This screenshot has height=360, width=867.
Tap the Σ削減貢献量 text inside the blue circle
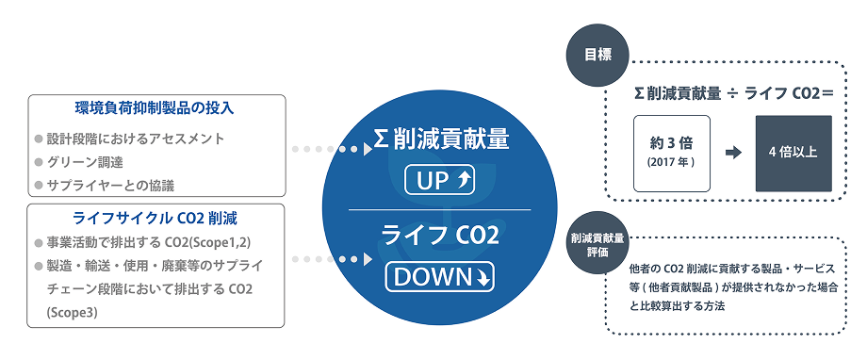[440, 141]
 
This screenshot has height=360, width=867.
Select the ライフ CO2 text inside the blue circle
[440, 236]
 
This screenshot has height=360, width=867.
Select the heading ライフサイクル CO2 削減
[155, 216]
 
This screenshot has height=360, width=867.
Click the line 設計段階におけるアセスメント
[136, 138]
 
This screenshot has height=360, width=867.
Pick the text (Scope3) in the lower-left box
[72, 312]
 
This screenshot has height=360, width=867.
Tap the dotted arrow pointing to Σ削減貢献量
[331, 149]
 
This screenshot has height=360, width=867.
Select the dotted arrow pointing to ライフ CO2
[331, 257]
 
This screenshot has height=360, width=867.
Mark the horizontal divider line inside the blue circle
[440, 208]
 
